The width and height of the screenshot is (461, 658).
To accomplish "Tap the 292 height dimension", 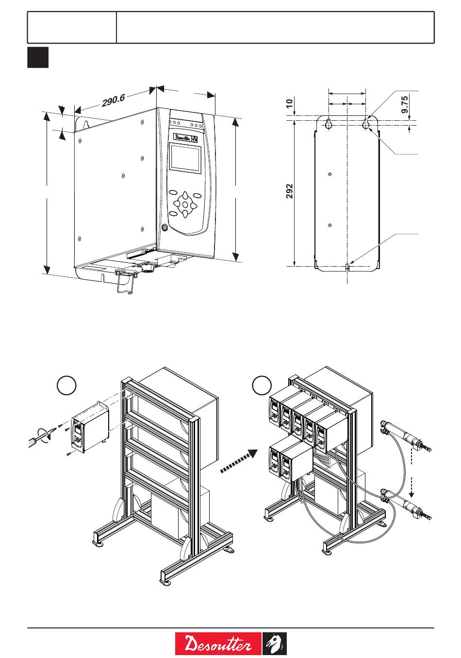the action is (x=290, y=191).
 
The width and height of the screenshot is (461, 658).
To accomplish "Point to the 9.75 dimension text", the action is (x=405, y=105).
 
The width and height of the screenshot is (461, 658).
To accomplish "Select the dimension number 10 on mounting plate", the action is (x=290, y=103).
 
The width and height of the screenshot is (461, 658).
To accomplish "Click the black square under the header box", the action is (x=38, y=57).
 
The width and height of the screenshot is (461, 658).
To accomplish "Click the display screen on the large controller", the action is (x=184, y=159).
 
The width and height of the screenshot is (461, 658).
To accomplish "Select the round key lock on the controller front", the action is (x=165, y=227).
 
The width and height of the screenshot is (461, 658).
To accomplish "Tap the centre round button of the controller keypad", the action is (x=185, y=204).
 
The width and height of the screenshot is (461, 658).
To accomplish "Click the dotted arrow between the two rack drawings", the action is (x=239, y=461).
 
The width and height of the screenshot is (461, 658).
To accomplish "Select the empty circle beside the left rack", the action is (x=66, y=385).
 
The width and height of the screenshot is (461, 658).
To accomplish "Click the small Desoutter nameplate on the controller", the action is (x=183, y=137).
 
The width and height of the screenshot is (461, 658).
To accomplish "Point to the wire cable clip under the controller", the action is (x=126, y=283).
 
